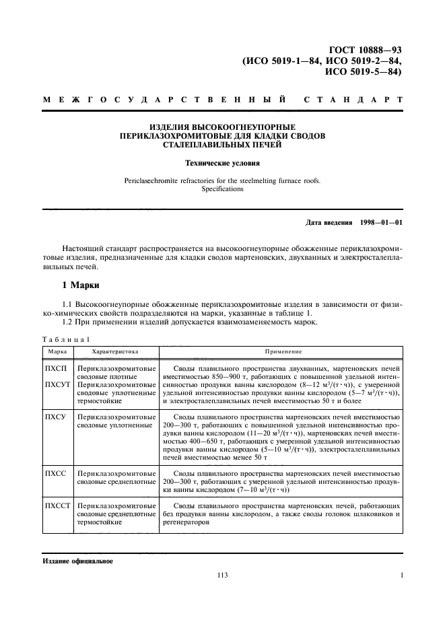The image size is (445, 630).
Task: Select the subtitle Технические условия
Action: (222, 163)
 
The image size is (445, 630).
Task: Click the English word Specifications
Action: (222, 190)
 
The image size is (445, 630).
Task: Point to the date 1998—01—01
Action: (379, 221)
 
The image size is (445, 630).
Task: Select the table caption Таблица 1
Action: (65, 339)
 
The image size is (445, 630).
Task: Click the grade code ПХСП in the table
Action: (55, 369)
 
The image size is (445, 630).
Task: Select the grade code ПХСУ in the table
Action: (55, 417)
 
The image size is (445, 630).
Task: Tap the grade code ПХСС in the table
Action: (55, 474)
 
